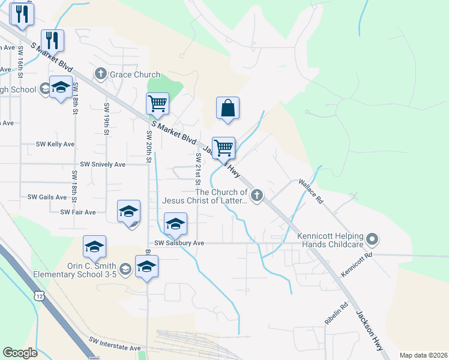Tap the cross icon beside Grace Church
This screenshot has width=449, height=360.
coord(100,74)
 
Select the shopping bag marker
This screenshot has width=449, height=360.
coord(228,109)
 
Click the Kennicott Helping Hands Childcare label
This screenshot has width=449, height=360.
coord(330,240)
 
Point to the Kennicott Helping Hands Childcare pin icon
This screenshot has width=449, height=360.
coord(372,240)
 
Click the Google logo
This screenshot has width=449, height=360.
coord(20,353)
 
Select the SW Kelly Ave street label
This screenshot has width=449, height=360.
coord(55,144)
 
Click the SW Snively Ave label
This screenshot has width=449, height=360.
coord(103,164)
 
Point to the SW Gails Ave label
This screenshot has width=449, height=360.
coord(47,197)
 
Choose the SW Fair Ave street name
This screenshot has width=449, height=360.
coord(78,212)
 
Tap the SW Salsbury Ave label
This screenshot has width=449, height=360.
coord(179,243)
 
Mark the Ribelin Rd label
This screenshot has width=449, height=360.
coord(336,313)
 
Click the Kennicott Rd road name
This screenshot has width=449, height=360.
coord(357,265)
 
